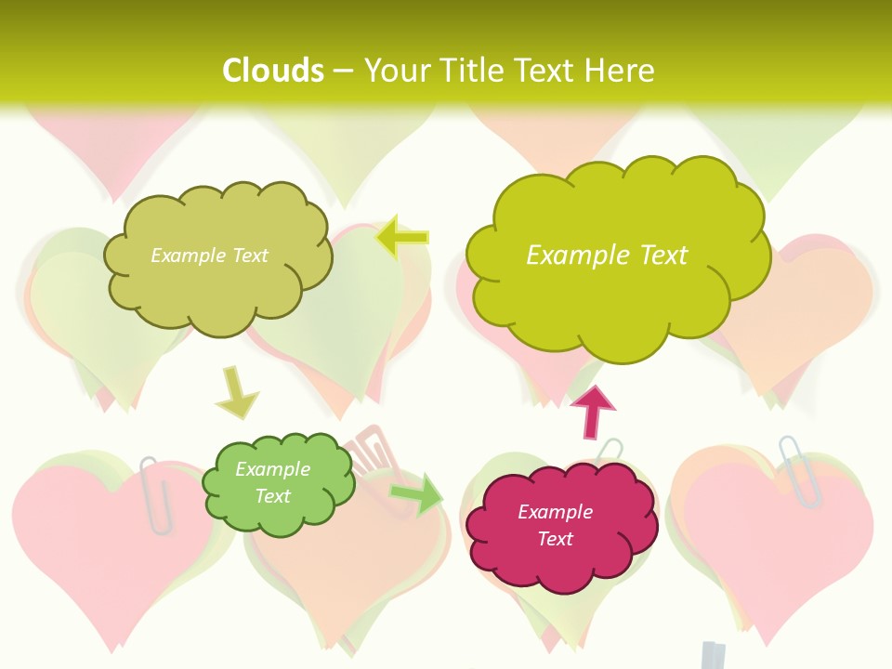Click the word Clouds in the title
[x=272, y=71]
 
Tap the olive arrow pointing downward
[x=236, y=394]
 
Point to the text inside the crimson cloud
[x=555, y=525]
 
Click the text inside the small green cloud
[x=272, y=482]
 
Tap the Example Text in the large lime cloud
[x=607, y=255]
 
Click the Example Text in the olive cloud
[x=209, y=255]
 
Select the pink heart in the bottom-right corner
[x=780, y=557]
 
